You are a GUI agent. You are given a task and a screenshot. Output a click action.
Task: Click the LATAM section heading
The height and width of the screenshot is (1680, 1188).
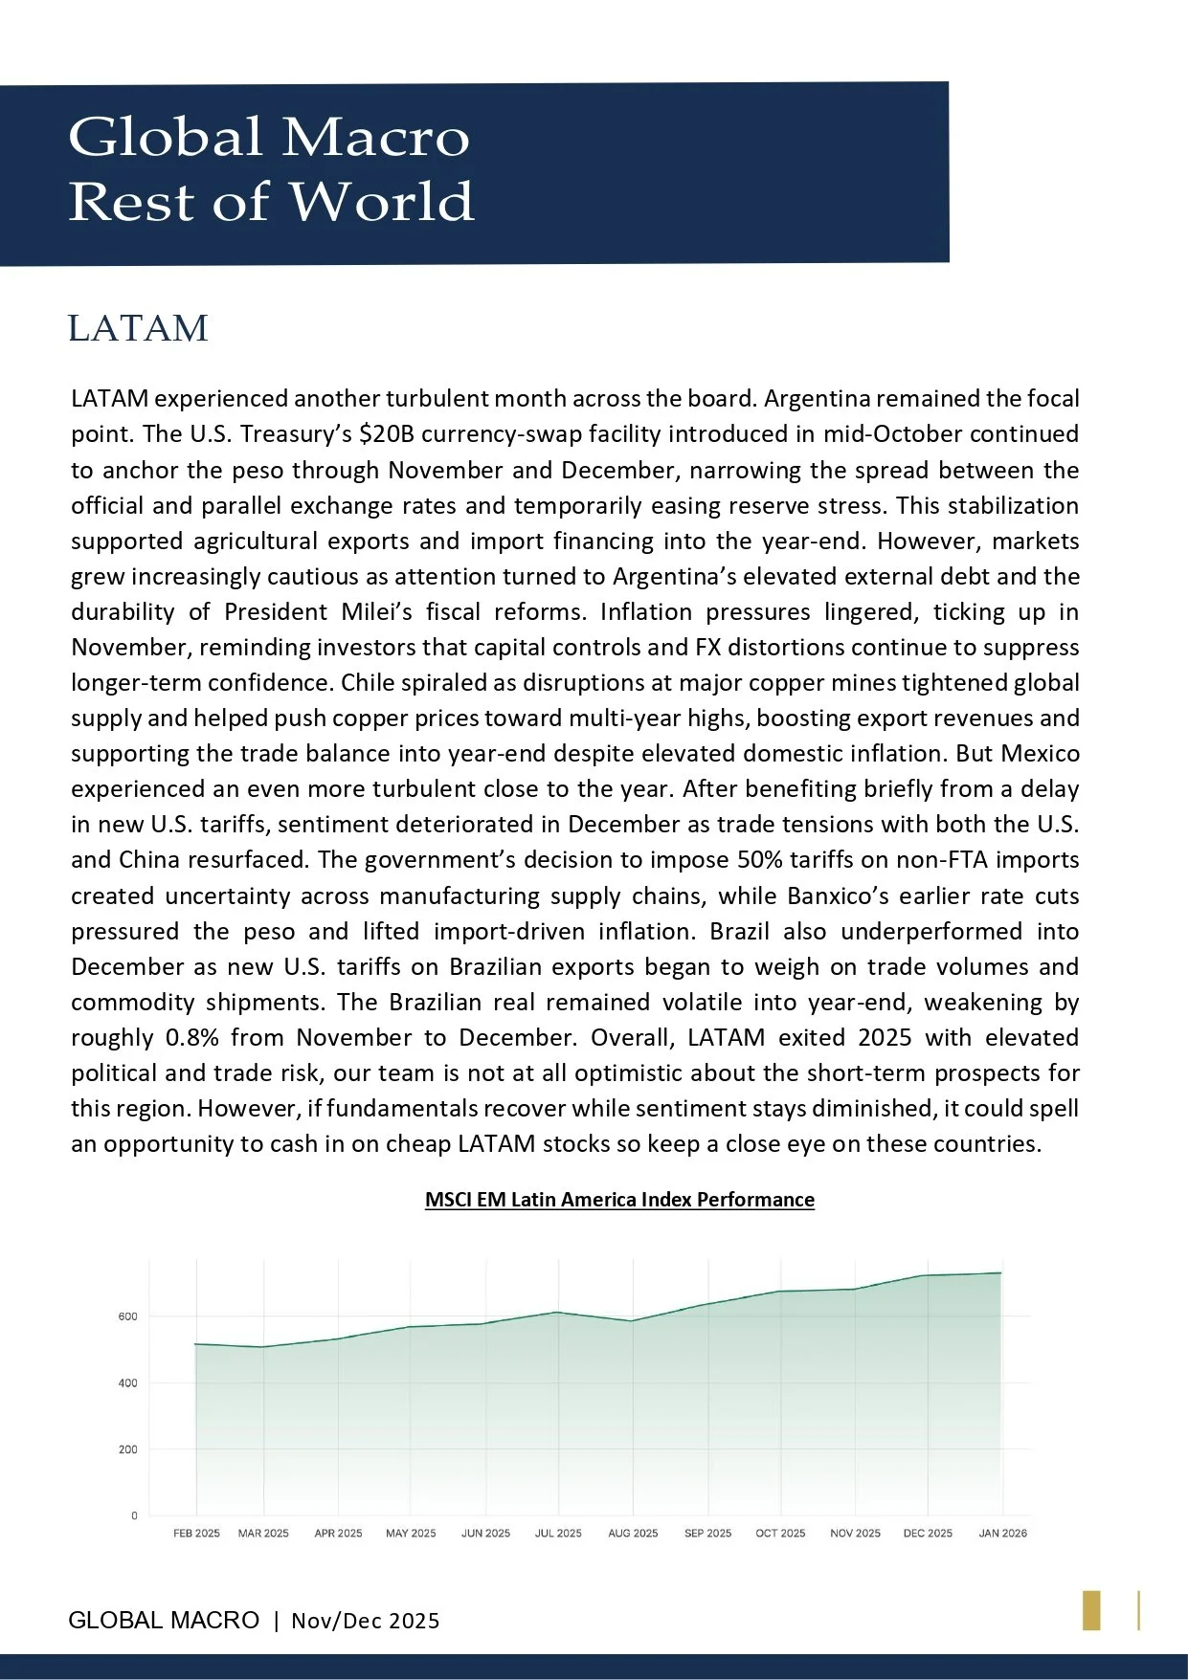click(x=138, y=328)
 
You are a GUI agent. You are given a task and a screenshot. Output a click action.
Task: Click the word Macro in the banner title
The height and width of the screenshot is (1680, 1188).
click(x=375, y=137)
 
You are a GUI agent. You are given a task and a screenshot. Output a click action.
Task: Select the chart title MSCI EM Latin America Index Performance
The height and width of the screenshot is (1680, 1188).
click(x=619, y=1200)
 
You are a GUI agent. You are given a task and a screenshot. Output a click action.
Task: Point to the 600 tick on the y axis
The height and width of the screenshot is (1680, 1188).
click(x=128, y=1316)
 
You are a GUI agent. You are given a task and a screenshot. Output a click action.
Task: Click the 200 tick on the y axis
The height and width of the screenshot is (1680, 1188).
click(x=128, y=1449)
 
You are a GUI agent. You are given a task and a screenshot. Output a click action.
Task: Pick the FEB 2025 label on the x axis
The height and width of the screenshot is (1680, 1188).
click(x=196, y=1533)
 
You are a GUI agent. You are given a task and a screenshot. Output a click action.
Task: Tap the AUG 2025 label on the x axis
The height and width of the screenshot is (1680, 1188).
click(x=633, y=1533)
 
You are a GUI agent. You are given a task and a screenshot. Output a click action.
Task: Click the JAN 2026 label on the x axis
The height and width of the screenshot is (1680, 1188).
click(x=1002, y=1533)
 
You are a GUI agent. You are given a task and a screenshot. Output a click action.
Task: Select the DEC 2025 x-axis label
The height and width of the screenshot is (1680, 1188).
click(x=928, y=1533)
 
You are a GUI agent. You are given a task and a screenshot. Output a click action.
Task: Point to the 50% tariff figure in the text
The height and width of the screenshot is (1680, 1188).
click(x=760, y=860)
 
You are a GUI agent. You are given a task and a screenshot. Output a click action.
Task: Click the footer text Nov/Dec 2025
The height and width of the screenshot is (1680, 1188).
click(x=366, y=1621)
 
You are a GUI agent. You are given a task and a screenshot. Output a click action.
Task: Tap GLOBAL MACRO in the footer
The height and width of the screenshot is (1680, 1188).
click(x=164, y=1620)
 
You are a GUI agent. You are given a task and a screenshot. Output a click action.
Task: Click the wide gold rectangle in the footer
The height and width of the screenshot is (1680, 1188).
click(x=1091, y=1610)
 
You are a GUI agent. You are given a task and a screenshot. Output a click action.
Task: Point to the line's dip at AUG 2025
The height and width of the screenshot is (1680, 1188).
click(x=631, y=1321)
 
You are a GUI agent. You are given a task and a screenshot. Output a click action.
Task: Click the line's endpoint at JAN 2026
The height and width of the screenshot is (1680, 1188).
click(x=1000, y=1272)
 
